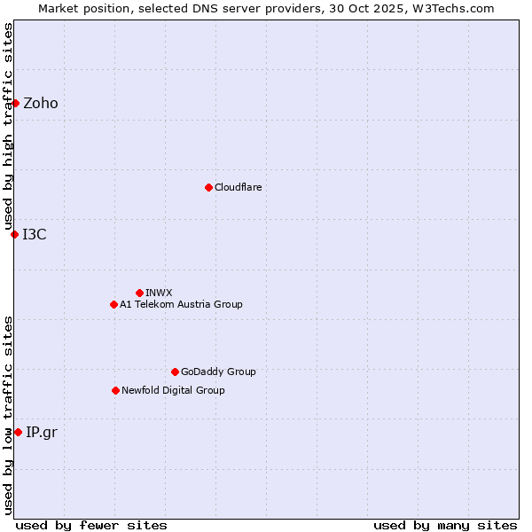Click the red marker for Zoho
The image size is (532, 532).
15,103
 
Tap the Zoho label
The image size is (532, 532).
41,104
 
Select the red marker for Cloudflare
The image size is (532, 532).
208,187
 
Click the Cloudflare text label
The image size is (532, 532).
239,188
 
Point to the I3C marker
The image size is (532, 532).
14,234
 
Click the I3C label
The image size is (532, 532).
35,235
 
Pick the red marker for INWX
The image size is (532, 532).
139,293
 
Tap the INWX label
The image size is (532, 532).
160,293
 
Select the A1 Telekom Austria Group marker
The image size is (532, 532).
113,304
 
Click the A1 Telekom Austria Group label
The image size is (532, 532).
181,305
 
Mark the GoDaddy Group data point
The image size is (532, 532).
175,372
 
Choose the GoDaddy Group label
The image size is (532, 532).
218,372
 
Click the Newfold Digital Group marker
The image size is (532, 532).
115,390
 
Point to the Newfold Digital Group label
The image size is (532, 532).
173,391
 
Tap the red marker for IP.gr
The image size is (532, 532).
18,432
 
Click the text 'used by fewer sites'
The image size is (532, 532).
91,525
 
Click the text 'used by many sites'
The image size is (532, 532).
445,525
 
